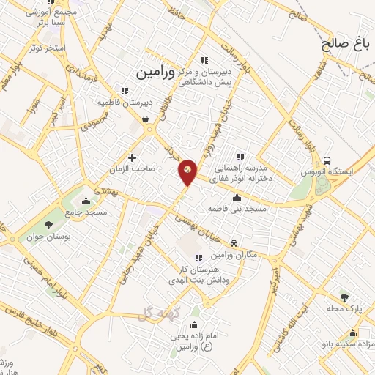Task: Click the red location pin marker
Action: [187, 171]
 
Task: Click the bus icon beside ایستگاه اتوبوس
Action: [327, 160]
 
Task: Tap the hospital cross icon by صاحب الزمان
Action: [132, 157]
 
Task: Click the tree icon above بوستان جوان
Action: [49, 225]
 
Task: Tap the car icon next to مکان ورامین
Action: [234, 243]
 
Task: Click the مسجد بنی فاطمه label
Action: [236, 208]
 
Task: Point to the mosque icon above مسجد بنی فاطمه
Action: [236, 197]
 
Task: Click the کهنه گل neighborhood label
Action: [154, 314]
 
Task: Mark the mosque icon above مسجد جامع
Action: [87, 201]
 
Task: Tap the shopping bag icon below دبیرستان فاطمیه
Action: [146, 119]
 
